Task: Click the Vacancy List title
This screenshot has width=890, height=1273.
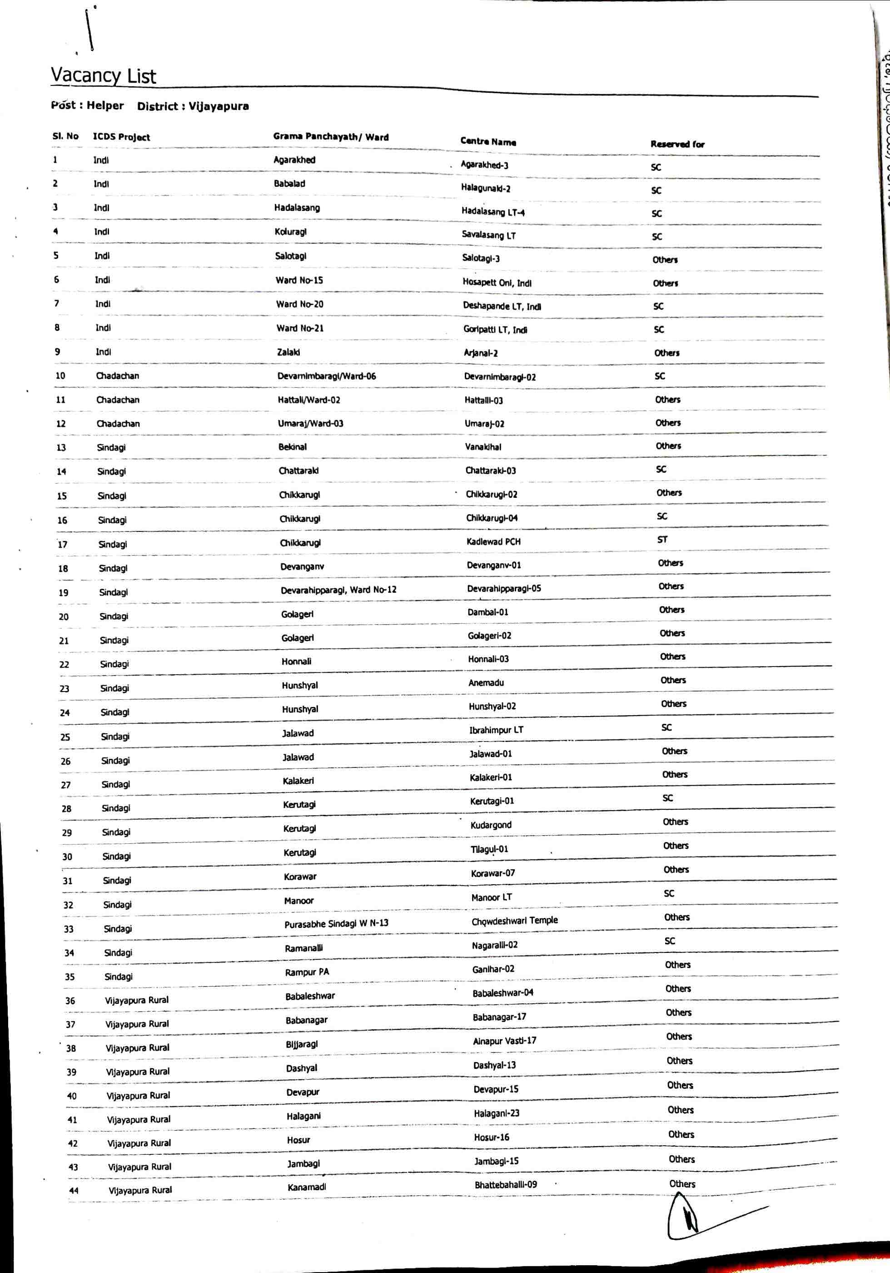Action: pos(104,75)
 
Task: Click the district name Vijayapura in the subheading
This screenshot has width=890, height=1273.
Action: pos(219,106)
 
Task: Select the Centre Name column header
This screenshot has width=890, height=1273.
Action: pos(487,141)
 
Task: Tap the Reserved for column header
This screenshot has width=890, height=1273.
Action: pos(677,144)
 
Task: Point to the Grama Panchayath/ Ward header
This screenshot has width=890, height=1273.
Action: pos(331,137)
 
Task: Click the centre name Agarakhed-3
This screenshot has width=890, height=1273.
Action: pos(484,165)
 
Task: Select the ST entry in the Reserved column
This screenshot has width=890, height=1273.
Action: pos(662,540)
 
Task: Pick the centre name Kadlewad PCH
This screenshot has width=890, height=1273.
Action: pos(493,541)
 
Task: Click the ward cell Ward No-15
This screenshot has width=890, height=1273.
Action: pos(299,281)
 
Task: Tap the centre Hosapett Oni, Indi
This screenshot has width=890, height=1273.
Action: pos(497,283)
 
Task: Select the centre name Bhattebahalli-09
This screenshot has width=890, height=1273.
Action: pos(505,1185)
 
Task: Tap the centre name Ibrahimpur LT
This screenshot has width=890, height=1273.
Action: pos(496,730)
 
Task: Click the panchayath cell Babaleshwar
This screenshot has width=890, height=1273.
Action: pos(310,996)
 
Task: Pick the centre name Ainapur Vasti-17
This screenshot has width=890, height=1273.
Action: pos(504,1041)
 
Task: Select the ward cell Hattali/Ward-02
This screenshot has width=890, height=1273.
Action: pos(308,400)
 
